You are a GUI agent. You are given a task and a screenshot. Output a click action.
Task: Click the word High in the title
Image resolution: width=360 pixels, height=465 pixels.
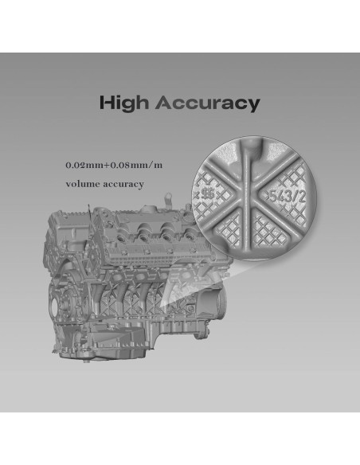125,103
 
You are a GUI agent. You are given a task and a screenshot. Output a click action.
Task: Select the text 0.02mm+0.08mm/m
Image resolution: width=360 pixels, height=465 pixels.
114,166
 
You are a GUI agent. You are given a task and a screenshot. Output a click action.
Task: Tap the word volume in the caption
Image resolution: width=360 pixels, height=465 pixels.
86,185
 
